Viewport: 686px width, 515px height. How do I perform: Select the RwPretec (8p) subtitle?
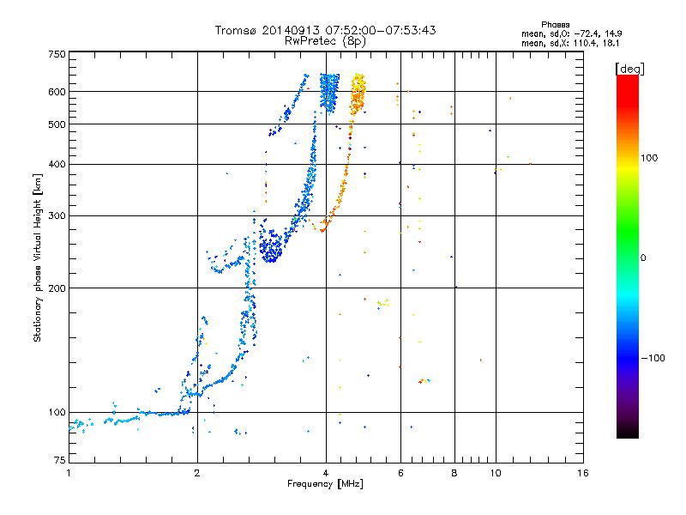coord(325,41)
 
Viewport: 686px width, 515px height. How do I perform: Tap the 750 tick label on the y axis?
coord(57,54)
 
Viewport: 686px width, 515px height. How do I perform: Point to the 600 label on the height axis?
coord(57,92)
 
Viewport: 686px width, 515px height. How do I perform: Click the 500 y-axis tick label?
coord(57,124)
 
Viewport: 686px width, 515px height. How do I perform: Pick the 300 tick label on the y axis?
coord(57,215)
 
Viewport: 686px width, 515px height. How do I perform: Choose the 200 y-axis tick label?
coord(57,288)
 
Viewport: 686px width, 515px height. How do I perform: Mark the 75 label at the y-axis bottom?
coord(60,460)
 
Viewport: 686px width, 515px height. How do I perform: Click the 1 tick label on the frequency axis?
coord(69,473)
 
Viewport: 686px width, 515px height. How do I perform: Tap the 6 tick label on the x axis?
coord(400,473)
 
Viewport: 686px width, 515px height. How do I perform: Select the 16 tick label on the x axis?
coord(583,473)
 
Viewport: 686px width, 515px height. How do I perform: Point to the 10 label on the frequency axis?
coord(496,473)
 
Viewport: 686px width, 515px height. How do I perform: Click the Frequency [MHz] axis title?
coord(325,484)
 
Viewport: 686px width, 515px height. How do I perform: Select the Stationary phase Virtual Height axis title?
coord(38,257)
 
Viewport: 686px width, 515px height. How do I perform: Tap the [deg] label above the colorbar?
coord(629,69)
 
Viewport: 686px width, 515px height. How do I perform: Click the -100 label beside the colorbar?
coord(653,358)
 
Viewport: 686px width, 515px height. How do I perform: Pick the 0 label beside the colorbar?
coord(643,258)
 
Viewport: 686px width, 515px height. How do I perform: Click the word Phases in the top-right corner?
coord(555,25)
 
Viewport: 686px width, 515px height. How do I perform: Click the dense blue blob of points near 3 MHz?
coord(271,246)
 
